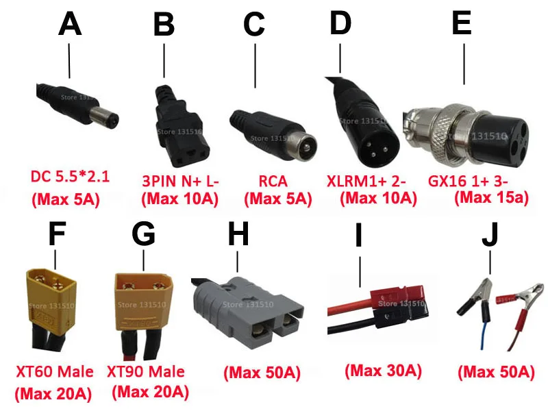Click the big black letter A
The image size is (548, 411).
(x=70, y=25)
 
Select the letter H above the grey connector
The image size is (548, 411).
(x=237, y=235)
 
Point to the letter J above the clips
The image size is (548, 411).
(x=490, y=235)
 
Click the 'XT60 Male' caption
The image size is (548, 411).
(x=55, y=373)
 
